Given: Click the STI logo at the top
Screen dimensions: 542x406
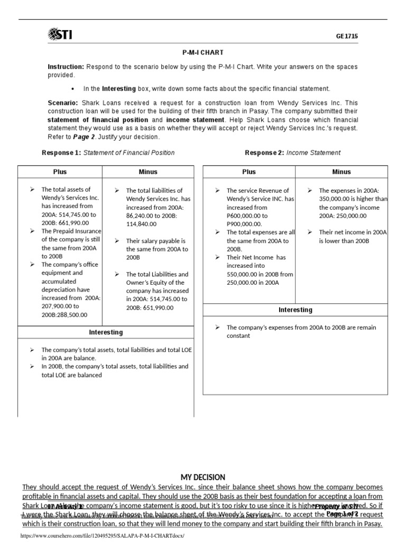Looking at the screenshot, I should (x=61, y=35).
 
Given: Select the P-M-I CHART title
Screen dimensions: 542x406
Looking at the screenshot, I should (x=202, y=52).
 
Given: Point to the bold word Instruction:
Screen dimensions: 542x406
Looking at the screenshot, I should (x=66, y=67).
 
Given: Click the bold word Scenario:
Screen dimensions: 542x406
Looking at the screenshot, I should (x=63, y=103).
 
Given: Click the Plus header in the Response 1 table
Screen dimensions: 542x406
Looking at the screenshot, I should (x=60, y=172).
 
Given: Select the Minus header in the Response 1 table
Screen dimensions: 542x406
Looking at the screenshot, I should (x=148, y=172).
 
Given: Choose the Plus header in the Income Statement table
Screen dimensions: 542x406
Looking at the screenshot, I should (x=248, y=172).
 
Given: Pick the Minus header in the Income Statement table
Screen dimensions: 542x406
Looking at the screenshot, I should (x=342, y=172).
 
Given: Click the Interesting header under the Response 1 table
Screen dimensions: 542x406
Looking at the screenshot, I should (x=106, y=332).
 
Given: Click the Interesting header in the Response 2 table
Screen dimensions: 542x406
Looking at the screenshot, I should (x=296, y=310).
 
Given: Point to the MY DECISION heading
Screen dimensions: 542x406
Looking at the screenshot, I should (x=203, y=477).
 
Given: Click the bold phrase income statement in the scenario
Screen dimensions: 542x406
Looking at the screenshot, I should (x=188, y=120).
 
